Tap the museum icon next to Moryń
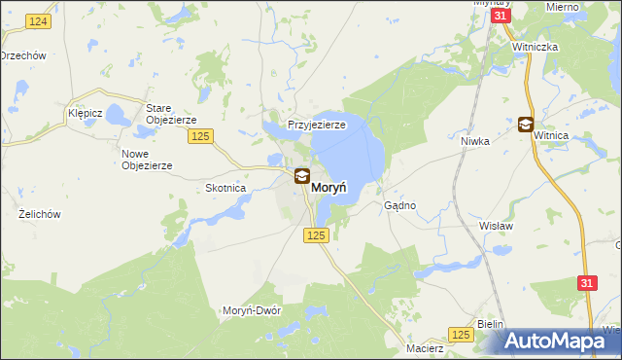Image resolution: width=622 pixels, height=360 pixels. pyautogui.click(x=302, y=176)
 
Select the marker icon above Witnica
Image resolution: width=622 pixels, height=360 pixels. pyautogui.click(x=526, y=124)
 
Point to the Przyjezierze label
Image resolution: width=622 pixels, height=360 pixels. pyautogui.click(x=317, y=125)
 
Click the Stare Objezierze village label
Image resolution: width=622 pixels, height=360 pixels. pyautogui.click(x=171, y=113)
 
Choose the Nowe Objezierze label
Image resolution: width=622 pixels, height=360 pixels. pyautogui.click(x=147, y=160)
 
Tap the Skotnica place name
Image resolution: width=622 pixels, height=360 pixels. pyautogui.click(x=225, y=188)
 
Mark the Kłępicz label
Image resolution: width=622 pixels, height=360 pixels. pyautogui.click(x=86, y=113)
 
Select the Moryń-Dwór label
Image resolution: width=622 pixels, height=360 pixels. pyautogui.click(x=252, y=310)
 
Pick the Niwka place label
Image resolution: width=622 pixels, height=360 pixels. pyautogui.click(x=474, y=140)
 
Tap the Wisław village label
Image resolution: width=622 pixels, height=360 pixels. pyautogui.click(x=497, y=225)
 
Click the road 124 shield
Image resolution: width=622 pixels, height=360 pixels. pyautogui.click(x=39, y=21)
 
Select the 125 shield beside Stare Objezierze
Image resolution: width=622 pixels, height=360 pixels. pyautogui.click(x=201, y=136)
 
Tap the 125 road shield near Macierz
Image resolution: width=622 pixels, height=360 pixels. pyautogui.click(x=462, y=334)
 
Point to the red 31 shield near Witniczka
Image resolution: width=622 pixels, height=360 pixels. pyautogui.click(x=500, y=17)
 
